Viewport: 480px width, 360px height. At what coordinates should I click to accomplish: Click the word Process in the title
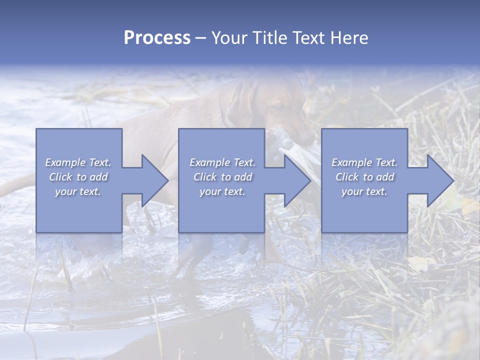(157, 38)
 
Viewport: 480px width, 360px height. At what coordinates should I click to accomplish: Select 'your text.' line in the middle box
(222, 191)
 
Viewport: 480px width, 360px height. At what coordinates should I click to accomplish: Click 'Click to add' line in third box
(364, 177)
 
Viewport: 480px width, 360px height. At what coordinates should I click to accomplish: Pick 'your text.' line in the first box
(78, 191)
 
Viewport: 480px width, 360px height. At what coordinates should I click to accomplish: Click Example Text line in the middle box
(222, 162)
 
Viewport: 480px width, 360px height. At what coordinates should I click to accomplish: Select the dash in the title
(201, 38)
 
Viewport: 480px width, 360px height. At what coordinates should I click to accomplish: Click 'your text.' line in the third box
(364, 191)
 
